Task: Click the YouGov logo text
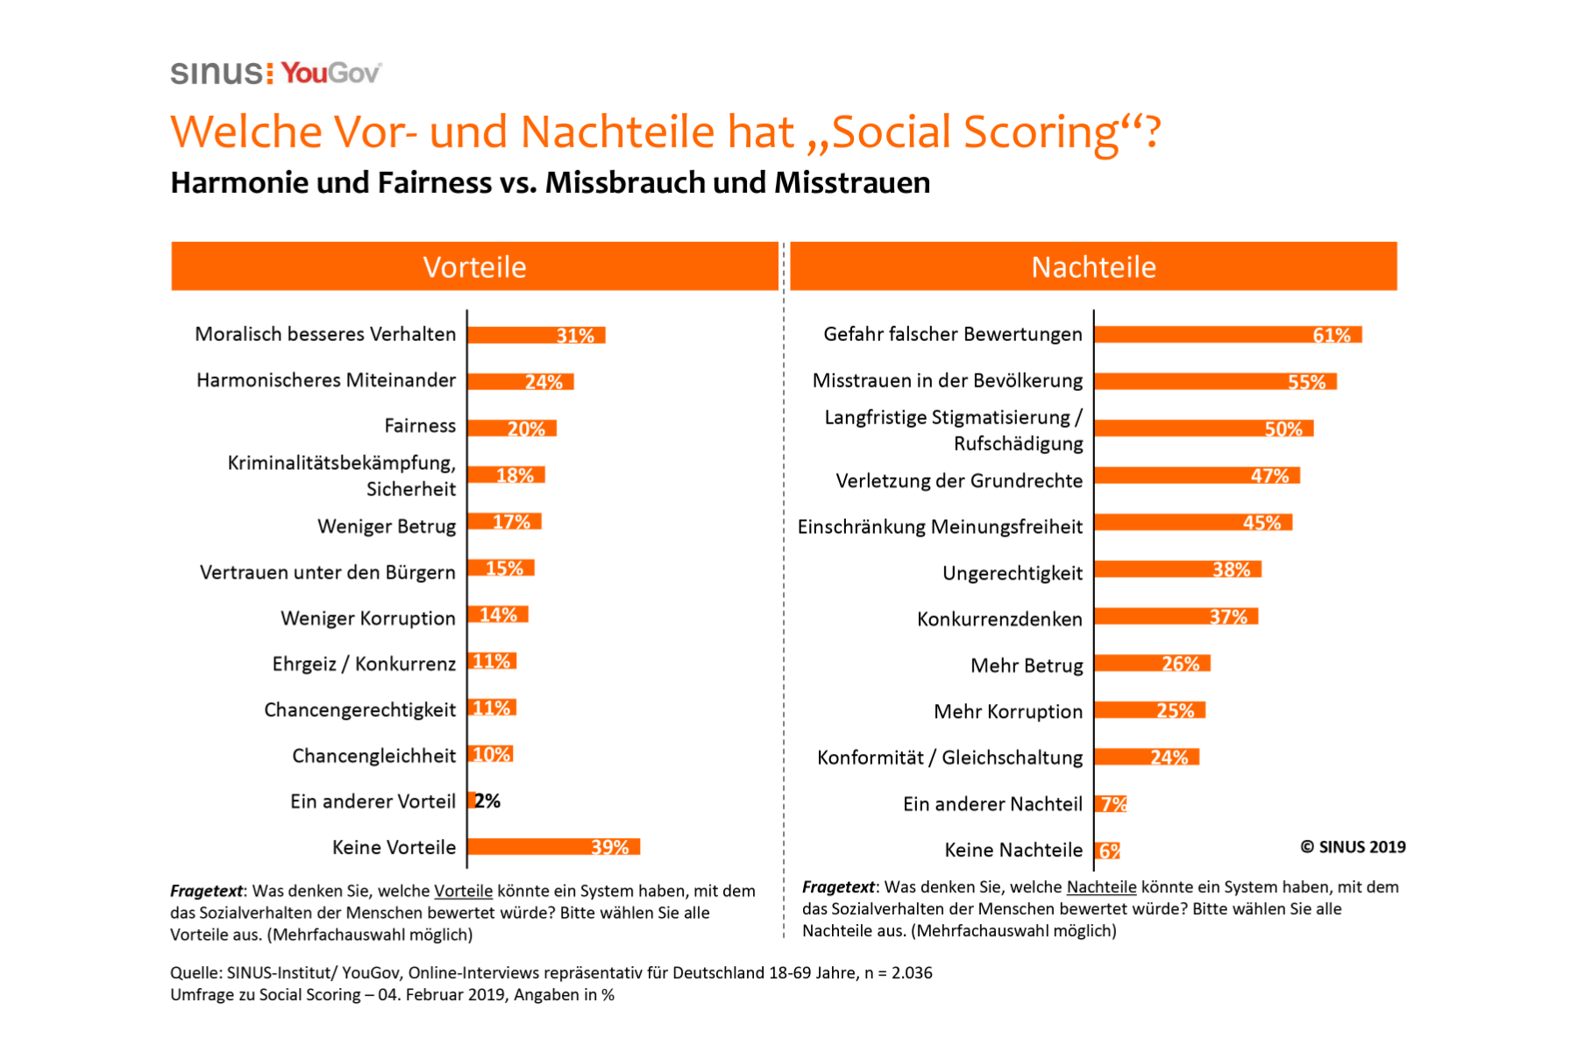coord(331,73)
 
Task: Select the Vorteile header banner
coord(474,267)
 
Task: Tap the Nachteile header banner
coord(1093,267)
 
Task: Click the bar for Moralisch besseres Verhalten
coord(536,335)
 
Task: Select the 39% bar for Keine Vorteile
coord(553,847)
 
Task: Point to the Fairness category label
coord(420,426)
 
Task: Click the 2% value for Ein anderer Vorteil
coord(487,801)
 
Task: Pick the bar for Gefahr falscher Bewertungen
coord(1227,335)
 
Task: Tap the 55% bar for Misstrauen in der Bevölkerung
coord(1215,381)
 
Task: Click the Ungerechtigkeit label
coord(1013,573)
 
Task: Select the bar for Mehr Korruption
coord(1149,710)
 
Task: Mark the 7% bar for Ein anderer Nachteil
coord(1111,804)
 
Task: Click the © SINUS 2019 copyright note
coord(1353,847)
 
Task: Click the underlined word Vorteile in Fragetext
coord(463,892)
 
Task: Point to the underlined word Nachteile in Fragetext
coord(1101,887)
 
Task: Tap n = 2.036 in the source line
coord(899,973)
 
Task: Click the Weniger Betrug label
coord(387,527)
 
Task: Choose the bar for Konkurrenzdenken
coord(1176,617)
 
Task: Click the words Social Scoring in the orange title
coord(976,132)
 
